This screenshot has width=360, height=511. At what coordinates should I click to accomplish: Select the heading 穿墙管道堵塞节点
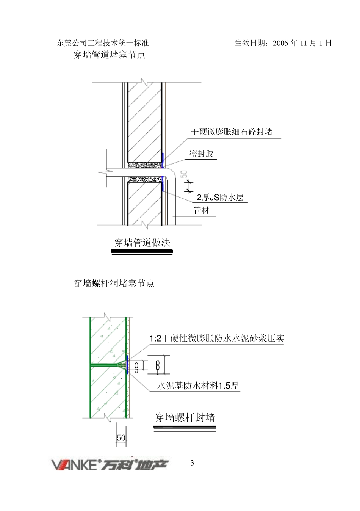tap(110, 55)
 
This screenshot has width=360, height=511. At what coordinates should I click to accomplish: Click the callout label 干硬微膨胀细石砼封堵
tap(232, 132)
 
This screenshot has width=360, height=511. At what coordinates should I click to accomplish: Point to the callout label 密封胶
tap(202, 154)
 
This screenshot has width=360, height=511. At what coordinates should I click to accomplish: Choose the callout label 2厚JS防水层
tap(220, 198)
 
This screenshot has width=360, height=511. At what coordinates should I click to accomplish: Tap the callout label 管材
tap(201, 210)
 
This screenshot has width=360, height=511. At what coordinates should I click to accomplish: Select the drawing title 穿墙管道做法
tap(142, 243)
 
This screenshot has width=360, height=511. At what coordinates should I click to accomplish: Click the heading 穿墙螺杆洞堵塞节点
tap(114, 283)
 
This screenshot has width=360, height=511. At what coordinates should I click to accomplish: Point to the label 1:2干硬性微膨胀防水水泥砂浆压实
tap(217, 339)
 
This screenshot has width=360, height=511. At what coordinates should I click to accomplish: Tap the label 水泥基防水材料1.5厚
tap(198, 386)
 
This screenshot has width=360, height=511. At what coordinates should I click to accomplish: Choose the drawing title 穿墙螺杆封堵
tap(185, 418)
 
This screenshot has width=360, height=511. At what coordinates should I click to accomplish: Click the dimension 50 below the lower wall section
tap(121, 438)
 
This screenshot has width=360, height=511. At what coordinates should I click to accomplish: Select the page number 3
tap(192, 463)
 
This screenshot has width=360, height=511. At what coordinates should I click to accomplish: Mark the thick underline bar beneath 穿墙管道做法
tap(144, 251)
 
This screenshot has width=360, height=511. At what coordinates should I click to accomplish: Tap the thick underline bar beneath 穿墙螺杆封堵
tap(185, 428)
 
